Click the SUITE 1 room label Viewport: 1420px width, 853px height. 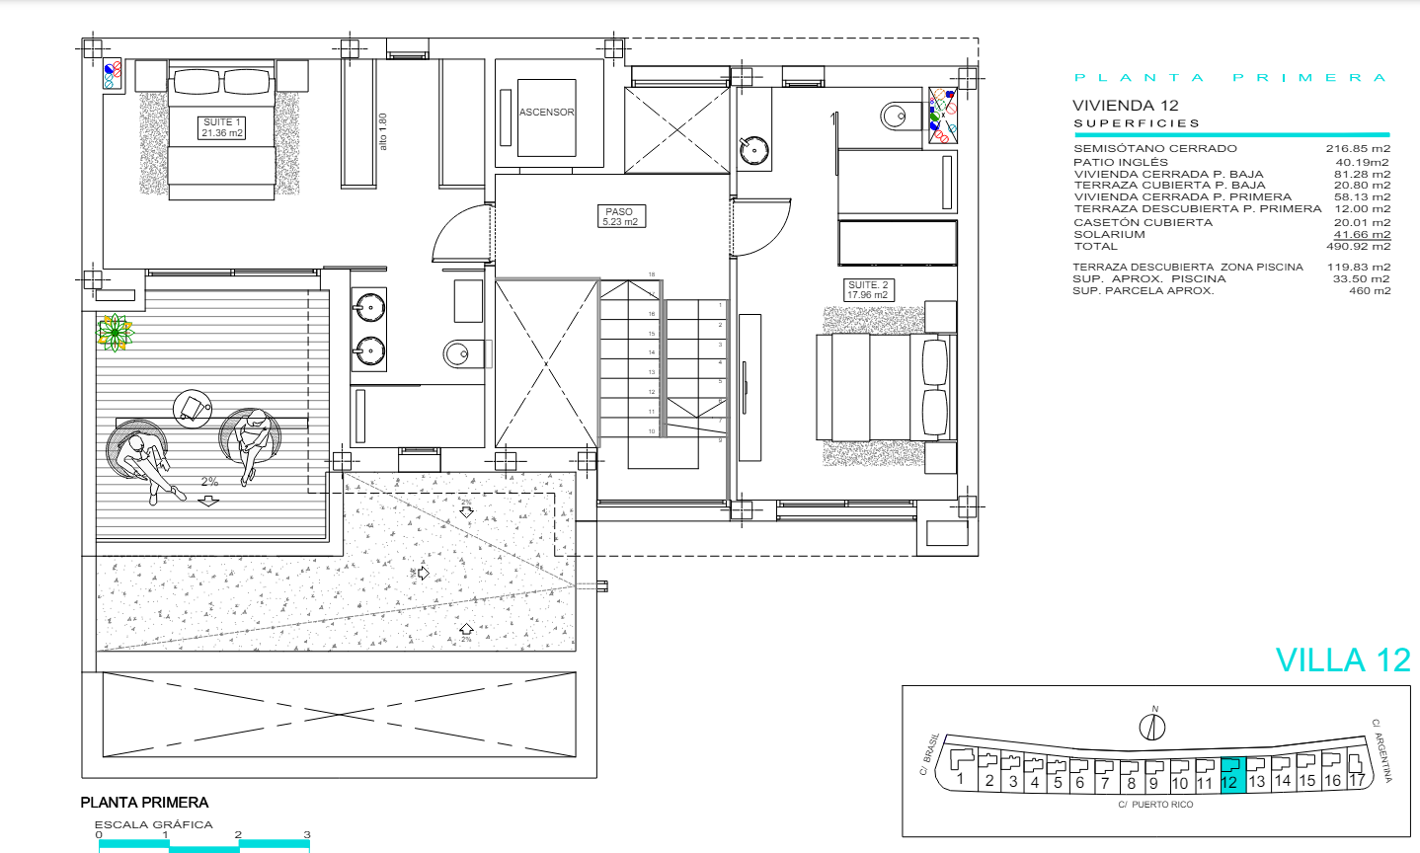tap(222, 127)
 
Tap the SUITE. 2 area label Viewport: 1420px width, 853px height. tap(868, 290)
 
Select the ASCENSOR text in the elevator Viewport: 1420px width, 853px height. tap(547, 113)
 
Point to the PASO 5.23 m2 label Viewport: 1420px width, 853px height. tap(620, 216)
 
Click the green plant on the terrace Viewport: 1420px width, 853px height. tap(116, 333)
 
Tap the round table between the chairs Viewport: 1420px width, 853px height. tap(193, 407)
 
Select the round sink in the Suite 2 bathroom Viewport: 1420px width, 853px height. tap(754, 150)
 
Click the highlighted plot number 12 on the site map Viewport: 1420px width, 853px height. tap(1229, 781)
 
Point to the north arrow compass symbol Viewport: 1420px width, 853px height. tap(1152, 728)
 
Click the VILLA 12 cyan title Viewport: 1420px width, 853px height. tap(1343, 660)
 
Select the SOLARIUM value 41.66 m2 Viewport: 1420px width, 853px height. tap(1362, 235)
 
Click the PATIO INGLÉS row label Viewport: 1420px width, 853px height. tap(1120, 162)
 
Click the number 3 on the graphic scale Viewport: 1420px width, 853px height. tap(307, 835)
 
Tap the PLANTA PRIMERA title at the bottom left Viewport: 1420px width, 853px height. tap(145, 803)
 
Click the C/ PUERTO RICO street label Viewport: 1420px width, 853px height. tap(1155, 805)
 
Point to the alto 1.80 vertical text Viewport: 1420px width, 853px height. tap(383, 131)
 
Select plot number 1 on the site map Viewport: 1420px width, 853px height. tap(960, 779)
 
